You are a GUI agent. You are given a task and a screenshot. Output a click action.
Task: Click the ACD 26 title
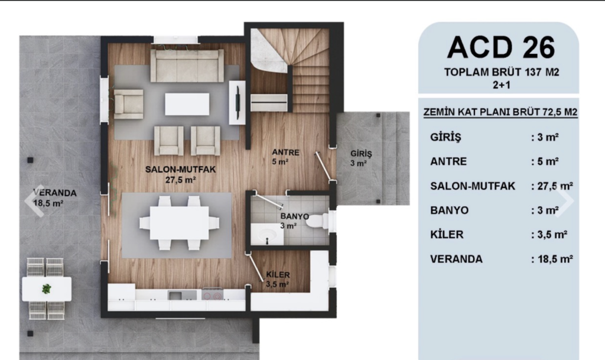(x=501, y=47)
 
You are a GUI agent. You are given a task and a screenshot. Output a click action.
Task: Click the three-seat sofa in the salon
(x=187, y=65)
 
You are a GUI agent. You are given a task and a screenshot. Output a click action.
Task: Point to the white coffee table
(x=187, y=104)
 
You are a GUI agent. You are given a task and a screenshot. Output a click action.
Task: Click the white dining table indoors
(x=180, y=223)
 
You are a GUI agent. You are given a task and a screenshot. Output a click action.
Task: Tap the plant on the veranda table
(x=46, y=288)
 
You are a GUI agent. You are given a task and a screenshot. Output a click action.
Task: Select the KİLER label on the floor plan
(x=278, y=275)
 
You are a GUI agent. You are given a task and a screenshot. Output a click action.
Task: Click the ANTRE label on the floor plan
(x=285, y=153)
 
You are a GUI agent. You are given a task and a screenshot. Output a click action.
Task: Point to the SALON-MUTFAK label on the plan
(x=180, y=170)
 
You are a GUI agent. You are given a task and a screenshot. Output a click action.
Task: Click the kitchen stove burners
(x=212, y=295)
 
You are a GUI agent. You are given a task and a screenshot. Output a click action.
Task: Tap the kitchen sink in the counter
(x=176, y=295)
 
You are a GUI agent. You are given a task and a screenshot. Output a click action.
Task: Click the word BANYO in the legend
(x=449, y=210)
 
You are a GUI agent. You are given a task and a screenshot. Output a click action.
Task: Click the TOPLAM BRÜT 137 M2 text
(x=501, y=72)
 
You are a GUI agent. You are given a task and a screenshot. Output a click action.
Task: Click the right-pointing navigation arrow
(x=565, y=201)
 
